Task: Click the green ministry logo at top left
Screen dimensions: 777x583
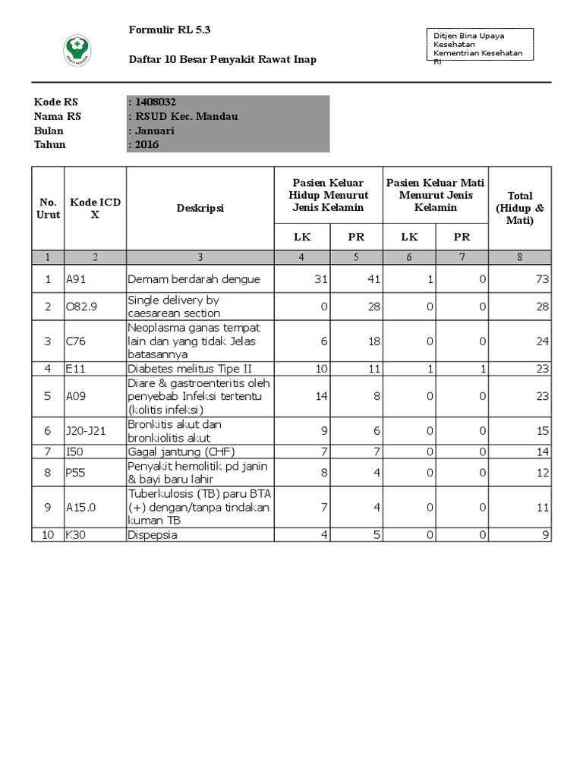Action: pos(77,51)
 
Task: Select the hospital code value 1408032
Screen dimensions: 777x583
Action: pos(156,102)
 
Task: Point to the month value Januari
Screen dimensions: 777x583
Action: pos(155,131)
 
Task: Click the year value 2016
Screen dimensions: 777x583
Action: pos(147,144)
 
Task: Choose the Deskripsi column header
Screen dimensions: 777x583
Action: pos(200,208)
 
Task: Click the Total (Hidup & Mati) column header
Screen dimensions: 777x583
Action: pos(520,208)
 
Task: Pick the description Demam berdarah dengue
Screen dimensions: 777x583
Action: pos(194,279)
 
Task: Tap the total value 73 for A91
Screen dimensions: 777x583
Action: pos(541,279)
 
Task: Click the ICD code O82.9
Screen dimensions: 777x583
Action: pos(83,307)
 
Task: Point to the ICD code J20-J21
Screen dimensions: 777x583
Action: pos(86,431)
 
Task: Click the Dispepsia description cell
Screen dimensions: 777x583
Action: pos(152,535)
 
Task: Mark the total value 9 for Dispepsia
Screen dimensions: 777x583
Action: pos(544,535)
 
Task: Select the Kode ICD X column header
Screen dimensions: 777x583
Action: pos(95,208)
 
